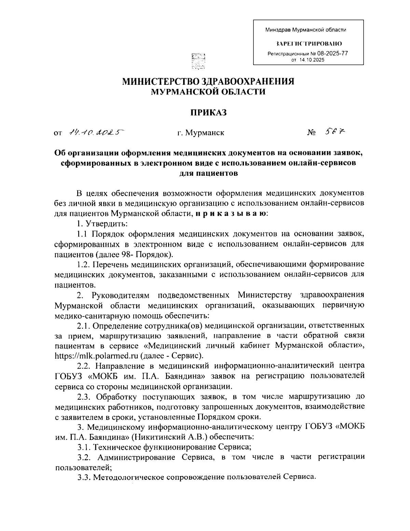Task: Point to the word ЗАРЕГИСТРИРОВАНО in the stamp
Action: click(x=308, y=44)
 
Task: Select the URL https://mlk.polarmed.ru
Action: click(x=96, y=356)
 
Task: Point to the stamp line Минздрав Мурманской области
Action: click(x=306, y=30)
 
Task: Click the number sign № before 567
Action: click(x=311, y=133)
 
